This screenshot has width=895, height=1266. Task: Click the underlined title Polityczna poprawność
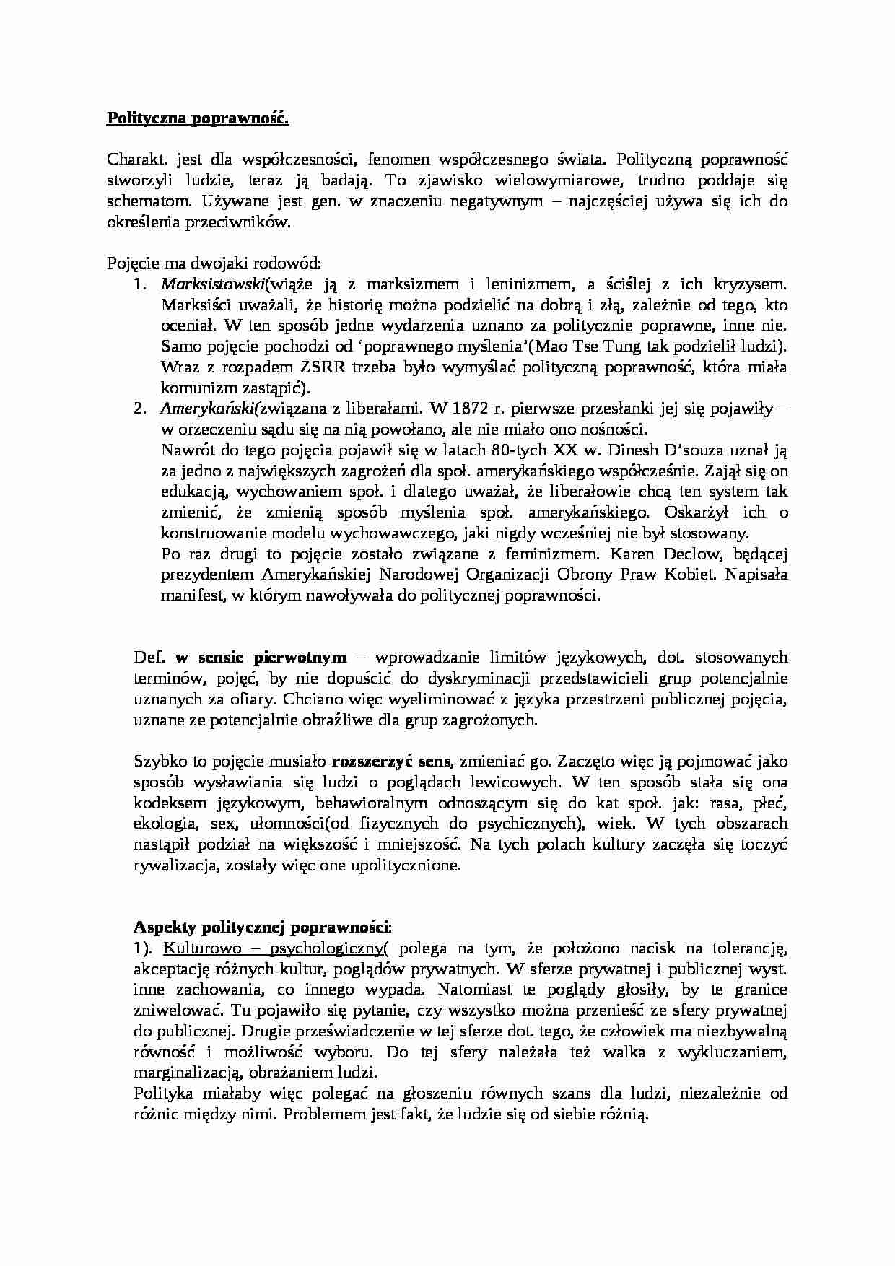(198, 118)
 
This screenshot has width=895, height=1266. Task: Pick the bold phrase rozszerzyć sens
(391, 761)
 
